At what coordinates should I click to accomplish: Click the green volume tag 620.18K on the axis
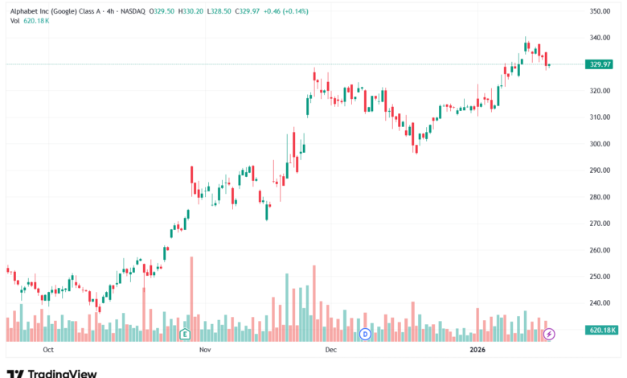601,330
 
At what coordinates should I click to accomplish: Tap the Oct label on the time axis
48,351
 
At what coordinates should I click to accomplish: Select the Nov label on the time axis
204,351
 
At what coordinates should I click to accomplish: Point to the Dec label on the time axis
330,351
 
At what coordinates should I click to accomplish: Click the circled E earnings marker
185,333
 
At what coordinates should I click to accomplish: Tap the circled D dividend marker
364,333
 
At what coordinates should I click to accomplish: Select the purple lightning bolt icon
549,333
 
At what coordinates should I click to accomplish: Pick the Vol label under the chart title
15,21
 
